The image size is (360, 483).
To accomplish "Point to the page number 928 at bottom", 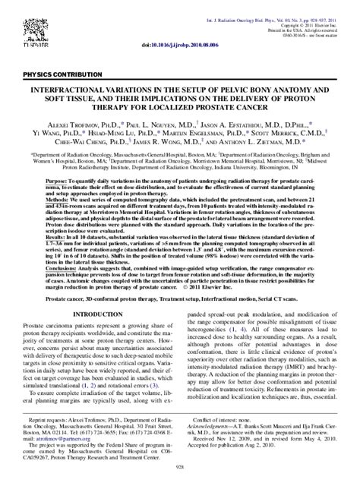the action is pyautogui.click(x=179, y=472).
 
